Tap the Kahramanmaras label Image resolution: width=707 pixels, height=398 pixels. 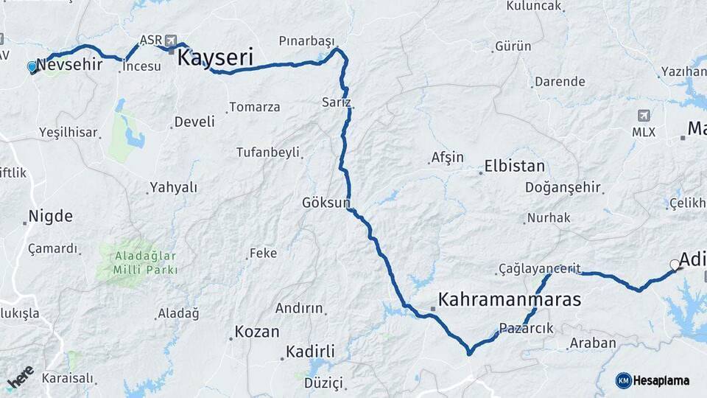[509, 299]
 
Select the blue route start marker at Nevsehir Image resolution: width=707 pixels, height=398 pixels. [32, 67]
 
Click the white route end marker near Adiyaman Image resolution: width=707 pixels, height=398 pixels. [675, 265]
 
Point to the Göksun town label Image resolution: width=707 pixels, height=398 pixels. [326, 202]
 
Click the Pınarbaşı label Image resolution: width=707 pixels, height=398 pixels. [306, 40]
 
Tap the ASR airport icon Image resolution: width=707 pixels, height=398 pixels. [172, 40]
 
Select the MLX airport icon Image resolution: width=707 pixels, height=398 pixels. [644, 116]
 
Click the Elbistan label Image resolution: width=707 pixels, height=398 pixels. [514, 166]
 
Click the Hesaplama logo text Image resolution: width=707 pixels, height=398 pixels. [661, 380]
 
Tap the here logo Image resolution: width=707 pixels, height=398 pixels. [21, 378]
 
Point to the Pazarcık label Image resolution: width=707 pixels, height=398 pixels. [526, 328]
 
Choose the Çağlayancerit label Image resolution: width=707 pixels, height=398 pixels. [539, 268]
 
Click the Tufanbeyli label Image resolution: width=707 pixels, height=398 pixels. [267, 153]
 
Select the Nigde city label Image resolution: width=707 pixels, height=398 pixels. [50, 217]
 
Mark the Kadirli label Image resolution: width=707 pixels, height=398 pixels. [310, 352]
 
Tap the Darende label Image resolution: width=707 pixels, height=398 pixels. [560, 82]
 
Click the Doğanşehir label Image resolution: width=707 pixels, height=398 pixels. [563, 187]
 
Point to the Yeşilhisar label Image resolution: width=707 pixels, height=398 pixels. [68, 133]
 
